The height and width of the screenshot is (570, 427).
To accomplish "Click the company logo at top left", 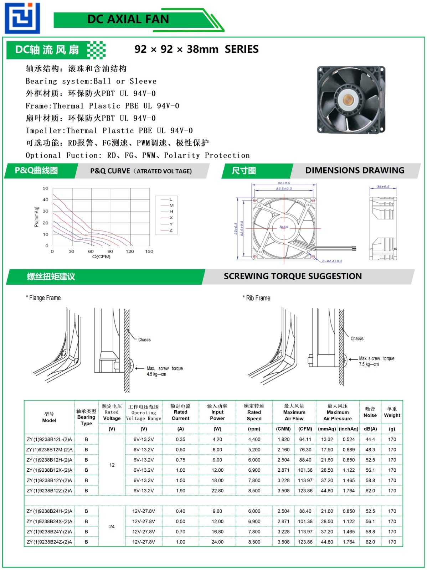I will pos(22,18).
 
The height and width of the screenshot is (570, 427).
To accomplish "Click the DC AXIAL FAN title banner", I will pos(128,19).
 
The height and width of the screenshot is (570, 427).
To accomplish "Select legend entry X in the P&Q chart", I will pos(171,218).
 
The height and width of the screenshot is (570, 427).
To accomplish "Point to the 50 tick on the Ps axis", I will pos(45,188).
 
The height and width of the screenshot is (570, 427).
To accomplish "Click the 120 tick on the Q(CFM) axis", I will pos(130,252).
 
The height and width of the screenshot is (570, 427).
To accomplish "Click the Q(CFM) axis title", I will pos(101,257).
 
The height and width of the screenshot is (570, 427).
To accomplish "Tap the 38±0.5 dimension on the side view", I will pos(383,187).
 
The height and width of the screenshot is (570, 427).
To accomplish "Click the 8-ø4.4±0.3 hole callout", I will pos(332,261).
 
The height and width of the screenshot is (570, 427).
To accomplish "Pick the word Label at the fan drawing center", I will pos(284,227).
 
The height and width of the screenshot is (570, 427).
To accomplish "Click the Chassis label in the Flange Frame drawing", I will pos(144,340).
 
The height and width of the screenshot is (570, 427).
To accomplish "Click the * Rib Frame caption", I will pos(257,298).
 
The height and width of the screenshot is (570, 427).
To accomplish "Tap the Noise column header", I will pos(370,413).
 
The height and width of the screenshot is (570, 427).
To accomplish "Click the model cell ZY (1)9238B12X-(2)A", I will pos(49,470).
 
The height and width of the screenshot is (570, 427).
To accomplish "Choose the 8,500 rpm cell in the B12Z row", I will pos(254,491).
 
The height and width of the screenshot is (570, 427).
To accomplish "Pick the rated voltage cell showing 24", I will pos(112,527).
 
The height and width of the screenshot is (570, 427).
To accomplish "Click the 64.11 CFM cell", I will pos(305,440).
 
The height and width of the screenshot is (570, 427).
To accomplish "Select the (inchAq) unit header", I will pos(348,429).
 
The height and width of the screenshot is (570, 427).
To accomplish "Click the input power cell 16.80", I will pos(217,532).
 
